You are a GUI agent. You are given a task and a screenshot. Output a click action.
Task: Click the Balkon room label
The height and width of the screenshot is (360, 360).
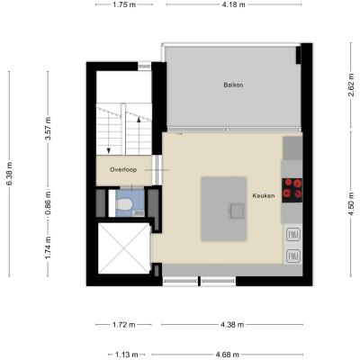pos(233,85)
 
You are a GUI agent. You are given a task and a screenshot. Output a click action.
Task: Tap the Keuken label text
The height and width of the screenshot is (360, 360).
pos(264,195)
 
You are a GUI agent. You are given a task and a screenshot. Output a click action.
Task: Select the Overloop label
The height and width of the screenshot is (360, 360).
pos(123,169)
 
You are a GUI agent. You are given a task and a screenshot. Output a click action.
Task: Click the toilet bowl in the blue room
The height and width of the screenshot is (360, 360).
pos(124,205)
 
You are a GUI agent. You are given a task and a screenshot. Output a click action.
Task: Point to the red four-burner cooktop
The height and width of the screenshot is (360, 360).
pos(292,190)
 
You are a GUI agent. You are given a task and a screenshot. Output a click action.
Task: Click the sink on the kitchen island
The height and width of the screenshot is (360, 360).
pos(237,211)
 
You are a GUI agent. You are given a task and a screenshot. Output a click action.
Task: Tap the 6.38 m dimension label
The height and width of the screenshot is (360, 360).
pos(9,174)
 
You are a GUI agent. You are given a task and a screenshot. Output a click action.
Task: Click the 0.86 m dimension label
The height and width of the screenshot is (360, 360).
pos(48,204)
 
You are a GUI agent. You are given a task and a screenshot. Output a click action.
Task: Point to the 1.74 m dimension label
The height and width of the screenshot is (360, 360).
pos(48,247)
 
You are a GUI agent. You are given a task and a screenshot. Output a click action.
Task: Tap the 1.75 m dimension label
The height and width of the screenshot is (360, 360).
pos(124,4)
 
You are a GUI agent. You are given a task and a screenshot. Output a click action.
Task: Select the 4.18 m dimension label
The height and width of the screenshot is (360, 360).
pos(234,4)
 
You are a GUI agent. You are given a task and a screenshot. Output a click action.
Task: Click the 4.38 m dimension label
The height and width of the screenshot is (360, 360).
pos(232,325)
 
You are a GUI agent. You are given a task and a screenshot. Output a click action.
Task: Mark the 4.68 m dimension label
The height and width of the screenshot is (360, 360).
pos(228,355)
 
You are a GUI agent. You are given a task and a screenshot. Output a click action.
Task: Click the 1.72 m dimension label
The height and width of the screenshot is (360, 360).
pos(123,325)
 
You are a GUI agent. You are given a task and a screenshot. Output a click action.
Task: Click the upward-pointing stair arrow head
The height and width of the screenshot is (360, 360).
pos(139,120)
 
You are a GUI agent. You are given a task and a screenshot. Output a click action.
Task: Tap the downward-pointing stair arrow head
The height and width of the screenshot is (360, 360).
pos(109,150)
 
